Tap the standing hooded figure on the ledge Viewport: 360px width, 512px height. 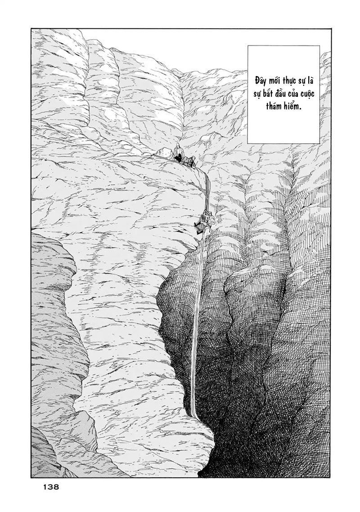coord(179,151)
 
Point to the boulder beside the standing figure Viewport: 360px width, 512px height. coord(164,153)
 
